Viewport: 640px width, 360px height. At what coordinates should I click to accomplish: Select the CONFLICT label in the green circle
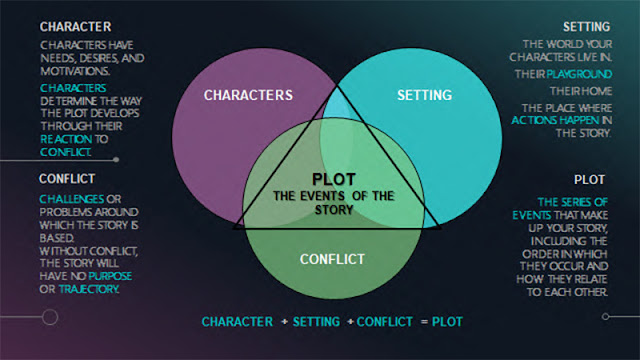334,259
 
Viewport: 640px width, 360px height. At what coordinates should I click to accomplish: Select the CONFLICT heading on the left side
68,179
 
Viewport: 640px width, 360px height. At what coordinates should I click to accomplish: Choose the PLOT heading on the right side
589,180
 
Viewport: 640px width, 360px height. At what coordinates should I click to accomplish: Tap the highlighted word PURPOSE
110,274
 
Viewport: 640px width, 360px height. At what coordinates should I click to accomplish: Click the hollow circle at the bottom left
48,317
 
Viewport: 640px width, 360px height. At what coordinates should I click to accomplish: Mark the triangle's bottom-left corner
234,228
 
